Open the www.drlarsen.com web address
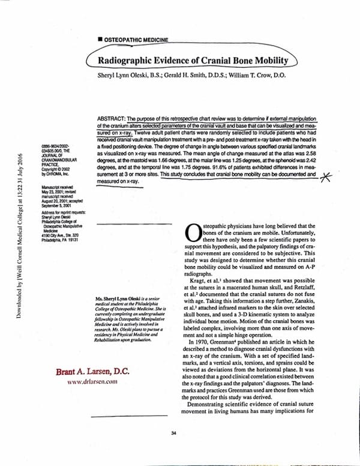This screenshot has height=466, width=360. point(91,382)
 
